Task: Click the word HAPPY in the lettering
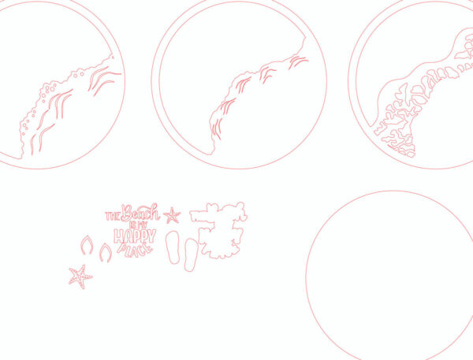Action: coord(135,236)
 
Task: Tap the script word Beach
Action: coord(140,213)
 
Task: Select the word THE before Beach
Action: coord(113,216)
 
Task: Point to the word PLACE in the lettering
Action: coord(135,251)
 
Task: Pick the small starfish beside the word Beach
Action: coord(172,216)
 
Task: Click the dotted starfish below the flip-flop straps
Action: coord(80,276)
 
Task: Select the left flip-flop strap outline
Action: coord(87,245)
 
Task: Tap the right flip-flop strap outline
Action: coord(106,253)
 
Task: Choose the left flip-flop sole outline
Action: coord(173,247)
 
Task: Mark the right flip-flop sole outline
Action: coord(191,254)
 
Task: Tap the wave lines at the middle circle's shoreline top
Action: coord(298,61)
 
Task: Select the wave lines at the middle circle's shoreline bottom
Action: coord(217,129)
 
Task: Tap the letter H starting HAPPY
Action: coord(118,236)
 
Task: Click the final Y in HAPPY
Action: coord(152,236)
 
